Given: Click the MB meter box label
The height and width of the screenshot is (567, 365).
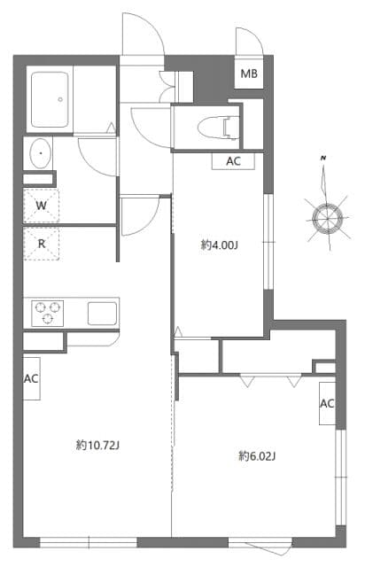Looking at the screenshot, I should [249, 74].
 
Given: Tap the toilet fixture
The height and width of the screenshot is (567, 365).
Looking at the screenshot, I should [214, 127].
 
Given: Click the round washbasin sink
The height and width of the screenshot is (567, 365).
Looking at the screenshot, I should [41, 154].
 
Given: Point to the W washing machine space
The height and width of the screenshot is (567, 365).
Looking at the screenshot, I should [42, 206].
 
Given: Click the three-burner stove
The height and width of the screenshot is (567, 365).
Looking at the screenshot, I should [49, 312].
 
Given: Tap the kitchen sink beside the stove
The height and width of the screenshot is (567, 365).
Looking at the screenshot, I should [99, 312].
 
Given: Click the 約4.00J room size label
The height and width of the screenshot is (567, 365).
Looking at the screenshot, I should [219, 245].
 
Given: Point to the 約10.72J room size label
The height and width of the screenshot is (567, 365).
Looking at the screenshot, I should [97, 445].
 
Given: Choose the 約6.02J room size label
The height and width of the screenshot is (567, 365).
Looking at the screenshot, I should [257, 456].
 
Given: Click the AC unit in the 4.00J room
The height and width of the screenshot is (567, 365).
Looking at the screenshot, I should [234, 161].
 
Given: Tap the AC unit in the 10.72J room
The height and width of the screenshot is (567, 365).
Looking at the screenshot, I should [32, 378].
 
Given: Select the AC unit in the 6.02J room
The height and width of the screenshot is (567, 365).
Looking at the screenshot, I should [326, 404].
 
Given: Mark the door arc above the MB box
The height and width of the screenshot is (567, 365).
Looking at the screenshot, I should [247, 41].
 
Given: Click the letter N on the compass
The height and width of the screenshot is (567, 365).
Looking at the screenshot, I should [325, 158].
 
